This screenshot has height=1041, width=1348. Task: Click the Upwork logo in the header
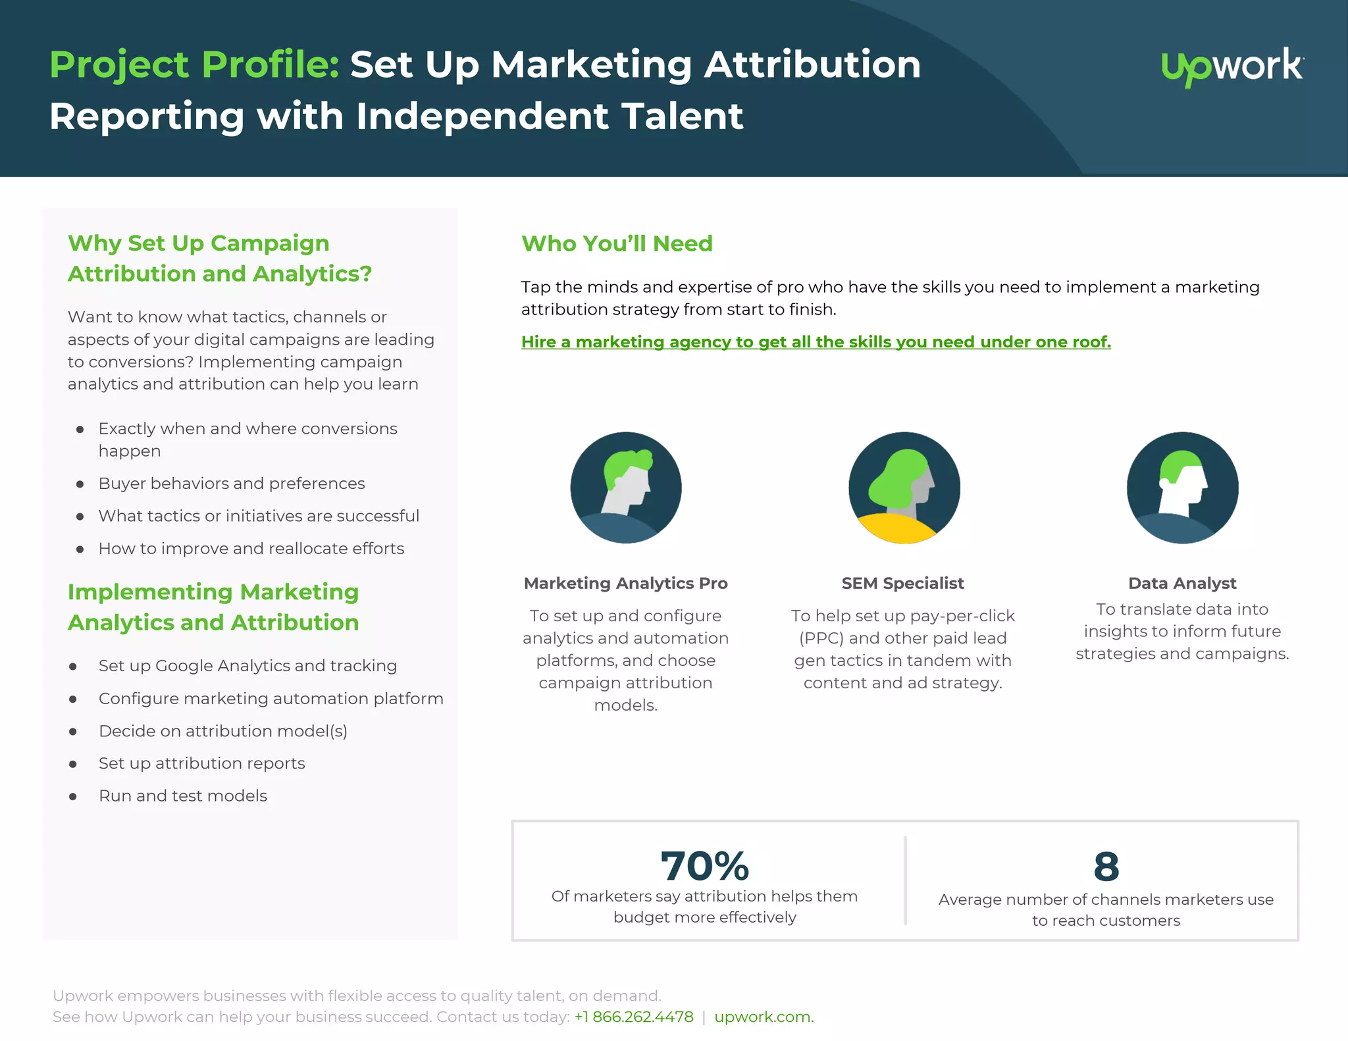click(x=1232, y=66)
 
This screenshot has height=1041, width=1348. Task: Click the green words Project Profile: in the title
click(x=194, y=65)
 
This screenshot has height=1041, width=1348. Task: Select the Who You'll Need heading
click(x=617, y=243)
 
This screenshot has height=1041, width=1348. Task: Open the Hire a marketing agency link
click(x=816, y=342)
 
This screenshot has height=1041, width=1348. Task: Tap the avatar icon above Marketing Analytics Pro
click(x=626, y=488)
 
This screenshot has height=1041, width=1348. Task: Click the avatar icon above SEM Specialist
click(x=904, y=488)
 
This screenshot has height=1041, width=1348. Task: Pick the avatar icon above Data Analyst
click(x=1182, y=488)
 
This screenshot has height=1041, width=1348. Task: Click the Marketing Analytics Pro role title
click(x=625, y=583)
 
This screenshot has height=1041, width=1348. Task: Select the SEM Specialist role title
click(x=902, y=583)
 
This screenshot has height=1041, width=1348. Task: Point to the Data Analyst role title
click(x=1182, y=583)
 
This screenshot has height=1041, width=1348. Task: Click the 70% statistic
click(x=704, y=866)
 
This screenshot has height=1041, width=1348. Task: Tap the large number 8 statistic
click(x=1106, y=866)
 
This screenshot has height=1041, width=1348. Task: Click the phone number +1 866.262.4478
click(x=634, y=1017)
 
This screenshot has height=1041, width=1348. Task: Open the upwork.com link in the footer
click(x=764, y=1017)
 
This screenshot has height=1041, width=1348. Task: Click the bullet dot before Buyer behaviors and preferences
click(x=80, y=484)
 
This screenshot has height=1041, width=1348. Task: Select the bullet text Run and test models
click(x=183, y=796)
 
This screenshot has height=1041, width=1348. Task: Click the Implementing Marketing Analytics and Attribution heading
click(x=213, y=607)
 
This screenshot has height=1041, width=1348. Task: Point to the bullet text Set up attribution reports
click(x=201, y=763)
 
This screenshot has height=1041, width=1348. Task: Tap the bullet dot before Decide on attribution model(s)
click(x=73, y=732)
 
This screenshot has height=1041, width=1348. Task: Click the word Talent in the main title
click(x=682, y=116)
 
